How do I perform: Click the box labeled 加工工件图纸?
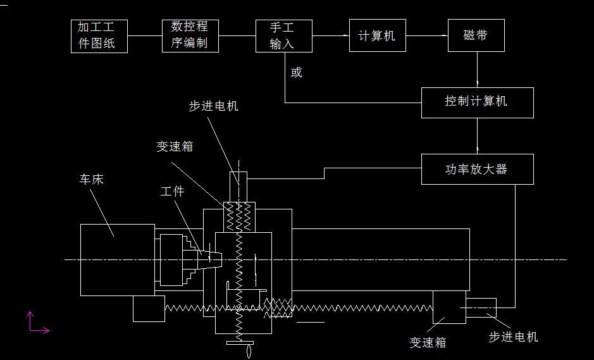(x=99, y=36)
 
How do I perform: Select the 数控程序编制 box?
(x=190, y=35)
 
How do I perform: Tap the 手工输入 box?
(x=283, y=35)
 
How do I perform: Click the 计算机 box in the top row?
(x=377, y=35)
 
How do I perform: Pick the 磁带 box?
(x=476, y=35)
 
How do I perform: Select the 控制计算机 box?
(x=477, y=102)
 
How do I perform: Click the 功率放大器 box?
(x=477, y=170)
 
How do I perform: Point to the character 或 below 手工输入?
(x=297, y=73)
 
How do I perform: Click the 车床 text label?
(x=91, y=180)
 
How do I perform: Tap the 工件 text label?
(x=172, y=191)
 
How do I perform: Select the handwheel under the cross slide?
(x=239, y=345)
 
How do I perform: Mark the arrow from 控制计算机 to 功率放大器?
(x=477, y=136)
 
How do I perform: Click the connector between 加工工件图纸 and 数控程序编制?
(x=145, y=35)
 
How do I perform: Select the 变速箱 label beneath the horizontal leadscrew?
(x=428, y=342)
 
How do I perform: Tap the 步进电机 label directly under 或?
(x=213, y=106)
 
